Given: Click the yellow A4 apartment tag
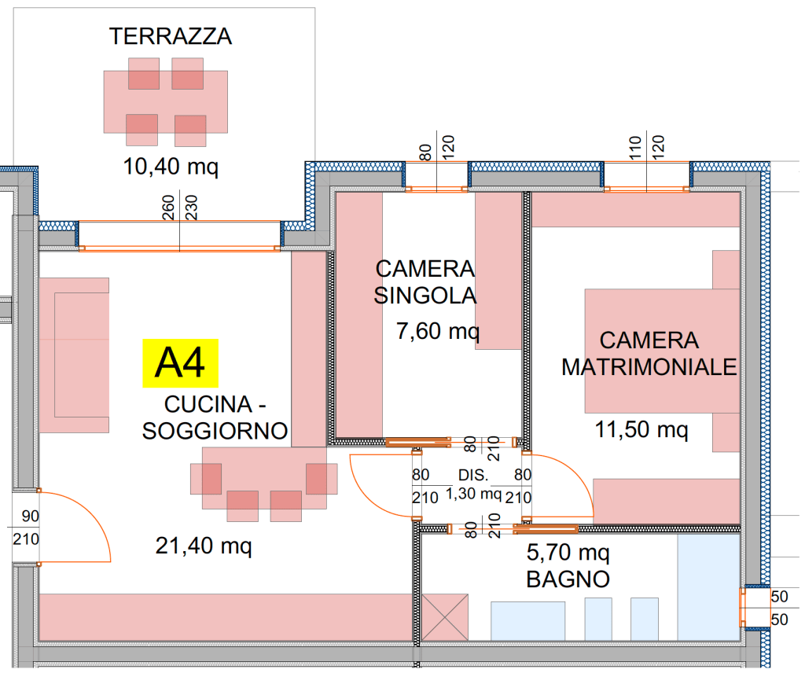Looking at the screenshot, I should (179, 364).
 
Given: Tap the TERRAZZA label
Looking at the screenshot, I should (171, 36).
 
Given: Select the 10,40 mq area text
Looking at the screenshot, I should (170, 166).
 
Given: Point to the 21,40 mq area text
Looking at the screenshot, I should (204, 545).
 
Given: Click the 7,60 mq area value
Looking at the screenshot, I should (437, 332).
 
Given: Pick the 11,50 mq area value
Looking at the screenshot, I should (641, 430).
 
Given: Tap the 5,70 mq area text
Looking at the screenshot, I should (568, 552).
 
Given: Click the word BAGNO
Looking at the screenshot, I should (568, 580).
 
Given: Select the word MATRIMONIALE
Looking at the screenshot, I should (649, 367).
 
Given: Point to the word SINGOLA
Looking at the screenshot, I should (425, 296).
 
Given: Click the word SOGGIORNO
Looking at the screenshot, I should (215, 431).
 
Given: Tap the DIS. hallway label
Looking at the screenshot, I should (473, 476).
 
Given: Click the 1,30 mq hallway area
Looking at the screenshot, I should (474, 495).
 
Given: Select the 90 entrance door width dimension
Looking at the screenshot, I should (29, 517).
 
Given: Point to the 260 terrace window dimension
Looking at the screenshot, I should (167, 208).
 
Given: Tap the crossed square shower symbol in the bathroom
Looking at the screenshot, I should (445, 617).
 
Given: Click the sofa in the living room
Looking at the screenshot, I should (74, 355).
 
